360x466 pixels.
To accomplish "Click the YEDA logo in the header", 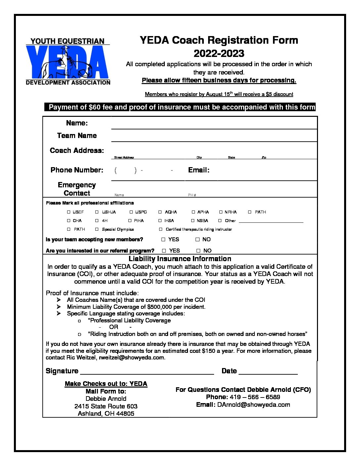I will [68, 62].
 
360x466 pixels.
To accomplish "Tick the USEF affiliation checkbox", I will [69, 212].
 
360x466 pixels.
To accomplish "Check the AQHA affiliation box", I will [160, 212].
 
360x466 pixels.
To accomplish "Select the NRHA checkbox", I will [221, 212].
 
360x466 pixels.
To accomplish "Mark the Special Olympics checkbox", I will [97, 229].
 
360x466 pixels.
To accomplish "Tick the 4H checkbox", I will [97, 220].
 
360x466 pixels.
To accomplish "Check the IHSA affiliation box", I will [160, 220].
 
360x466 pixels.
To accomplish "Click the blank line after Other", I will [271, 221].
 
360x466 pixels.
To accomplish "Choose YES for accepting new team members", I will [163, 239].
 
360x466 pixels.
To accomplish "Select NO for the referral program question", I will [199, 251].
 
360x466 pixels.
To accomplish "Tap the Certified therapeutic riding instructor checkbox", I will [161, 229].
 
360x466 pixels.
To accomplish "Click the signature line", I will [147, 372].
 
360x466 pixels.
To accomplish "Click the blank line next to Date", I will [268, 372].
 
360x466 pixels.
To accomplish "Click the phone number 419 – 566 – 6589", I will [255, 397].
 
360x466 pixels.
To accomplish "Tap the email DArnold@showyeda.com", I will [253, 404].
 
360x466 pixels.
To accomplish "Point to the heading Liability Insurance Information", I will [180, 259].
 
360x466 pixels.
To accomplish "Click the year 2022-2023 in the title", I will [219, 53].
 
